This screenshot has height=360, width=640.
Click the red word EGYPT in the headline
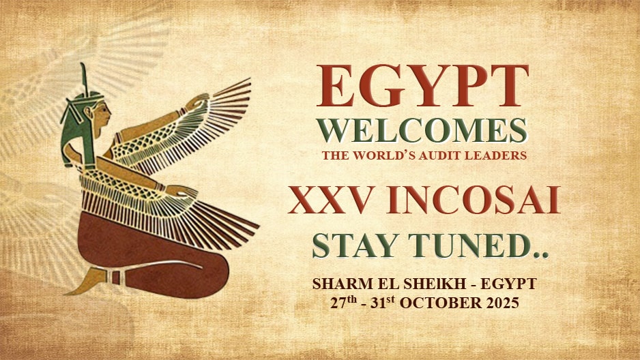422,86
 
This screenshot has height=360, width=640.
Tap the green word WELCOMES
422,130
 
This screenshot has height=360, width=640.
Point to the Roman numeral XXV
330,200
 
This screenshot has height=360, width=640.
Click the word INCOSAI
474,200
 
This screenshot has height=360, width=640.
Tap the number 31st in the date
383,302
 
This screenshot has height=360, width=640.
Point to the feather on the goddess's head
84,78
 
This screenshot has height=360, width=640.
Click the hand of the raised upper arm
197,101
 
